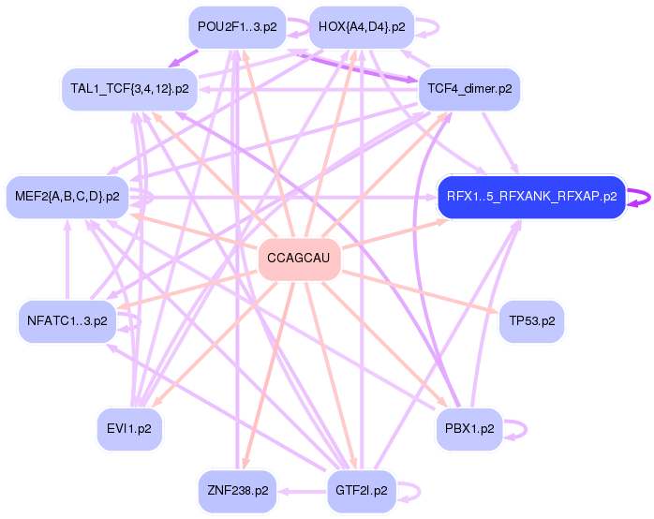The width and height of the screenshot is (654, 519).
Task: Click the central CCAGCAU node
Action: [300, 259]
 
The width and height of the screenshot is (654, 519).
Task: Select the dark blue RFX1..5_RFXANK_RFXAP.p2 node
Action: [532, 197]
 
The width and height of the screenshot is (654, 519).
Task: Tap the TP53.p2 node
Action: [532, 321]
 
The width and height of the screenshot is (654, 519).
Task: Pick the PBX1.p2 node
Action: [469, 428]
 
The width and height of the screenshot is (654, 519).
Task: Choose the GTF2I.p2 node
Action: [362, 491]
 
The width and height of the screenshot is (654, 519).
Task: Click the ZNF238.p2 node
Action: [238, 491]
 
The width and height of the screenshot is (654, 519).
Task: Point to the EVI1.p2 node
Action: [129, 428]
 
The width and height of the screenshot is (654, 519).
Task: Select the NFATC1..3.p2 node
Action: [67, 321]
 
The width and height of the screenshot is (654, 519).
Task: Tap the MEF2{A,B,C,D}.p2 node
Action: [67, 197]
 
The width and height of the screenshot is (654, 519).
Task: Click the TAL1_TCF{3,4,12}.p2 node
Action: [129, 89]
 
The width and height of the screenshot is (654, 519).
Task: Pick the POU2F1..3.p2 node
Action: [237, 27]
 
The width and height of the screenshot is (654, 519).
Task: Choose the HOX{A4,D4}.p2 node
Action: [362, 27]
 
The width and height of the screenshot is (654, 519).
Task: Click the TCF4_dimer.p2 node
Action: [469, 89]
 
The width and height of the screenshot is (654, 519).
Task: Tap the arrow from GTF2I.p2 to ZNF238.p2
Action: [302, 492]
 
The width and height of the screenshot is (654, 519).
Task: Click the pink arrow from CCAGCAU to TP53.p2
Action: [420, 291]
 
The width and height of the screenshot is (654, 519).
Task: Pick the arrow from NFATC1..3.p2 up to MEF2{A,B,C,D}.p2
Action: [67, 260]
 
